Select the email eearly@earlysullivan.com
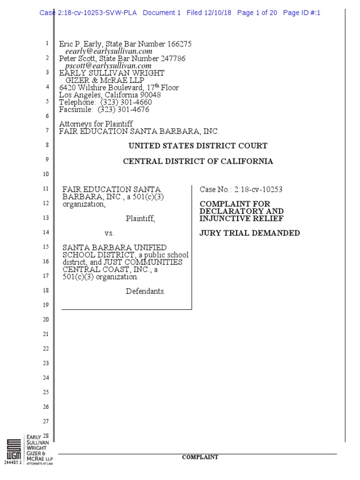(x=109, y=51)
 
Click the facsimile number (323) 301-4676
(x=123, y=110)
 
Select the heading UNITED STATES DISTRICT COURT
(x=198, y=146)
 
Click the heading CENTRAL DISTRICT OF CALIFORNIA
(x=198, y=161)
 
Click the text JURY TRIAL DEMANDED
(x=250, y=233)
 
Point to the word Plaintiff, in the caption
(x=140, y=218)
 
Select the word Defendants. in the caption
(x=145, y=291)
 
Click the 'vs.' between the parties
(x=109, y=233)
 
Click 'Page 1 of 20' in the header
(x=257, y=13)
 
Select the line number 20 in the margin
(x=45, y=320)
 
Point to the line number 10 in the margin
(x=45, y=174)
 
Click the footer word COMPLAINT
(x=200, y=457)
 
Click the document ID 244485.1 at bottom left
(x=13, y=463)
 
